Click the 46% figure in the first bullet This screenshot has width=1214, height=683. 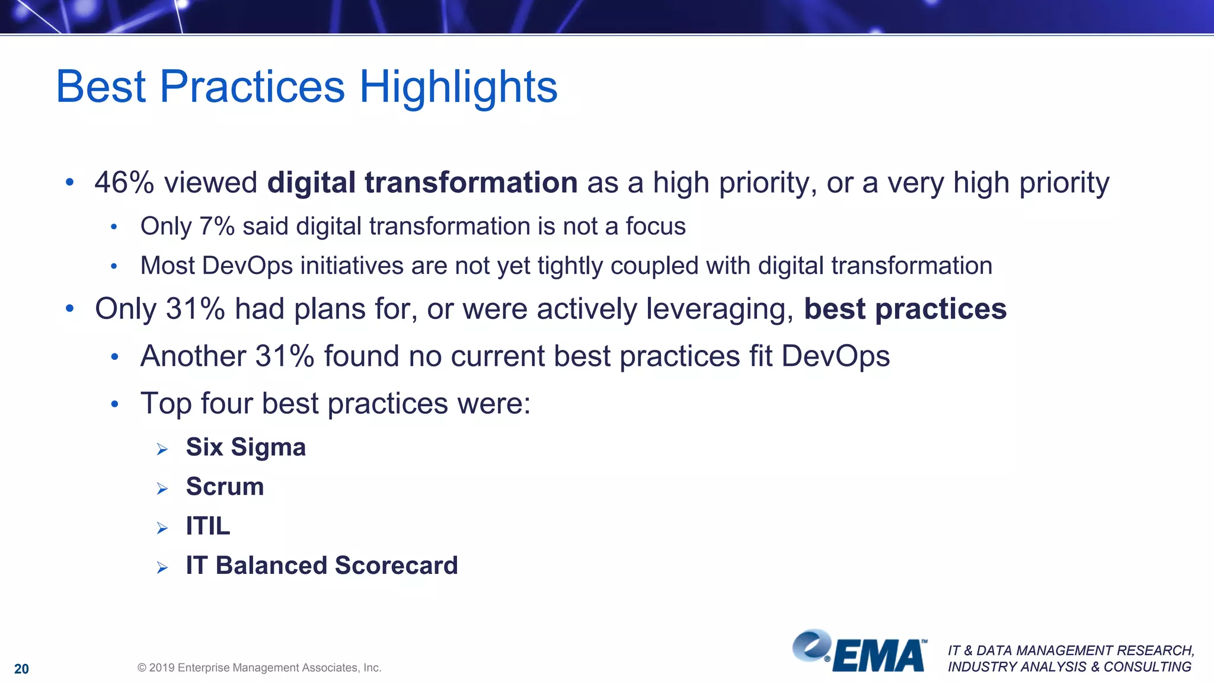click(x=124, y=183)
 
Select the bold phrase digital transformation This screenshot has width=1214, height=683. click(x=422, y=183)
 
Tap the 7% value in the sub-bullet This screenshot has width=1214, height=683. click(x=217, y=226)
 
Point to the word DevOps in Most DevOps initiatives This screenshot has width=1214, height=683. click(x=247, y=266)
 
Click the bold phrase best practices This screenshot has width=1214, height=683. click(x=905, y=309)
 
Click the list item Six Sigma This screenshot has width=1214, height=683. click(x=245, y=447)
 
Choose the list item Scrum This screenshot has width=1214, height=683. click(x=225, y=487)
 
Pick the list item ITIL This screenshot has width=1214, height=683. click(x=207, y=526)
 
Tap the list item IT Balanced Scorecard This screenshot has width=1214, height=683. click(x=321, y=566)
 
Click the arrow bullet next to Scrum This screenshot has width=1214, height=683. click(x=162, y=489)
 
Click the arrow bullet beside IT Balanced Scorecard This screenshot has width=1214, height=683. click(x=162, y=568)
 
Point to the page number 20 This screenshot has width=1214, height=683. click(x=21, y=669)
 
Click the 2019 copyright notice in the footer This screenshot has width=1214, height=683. click(x=259, y=668)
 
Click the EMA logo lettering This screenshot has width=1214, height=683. click(x=879, y=656)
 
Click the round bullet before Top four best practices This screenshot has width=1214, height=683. click(x=115, y=405)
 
